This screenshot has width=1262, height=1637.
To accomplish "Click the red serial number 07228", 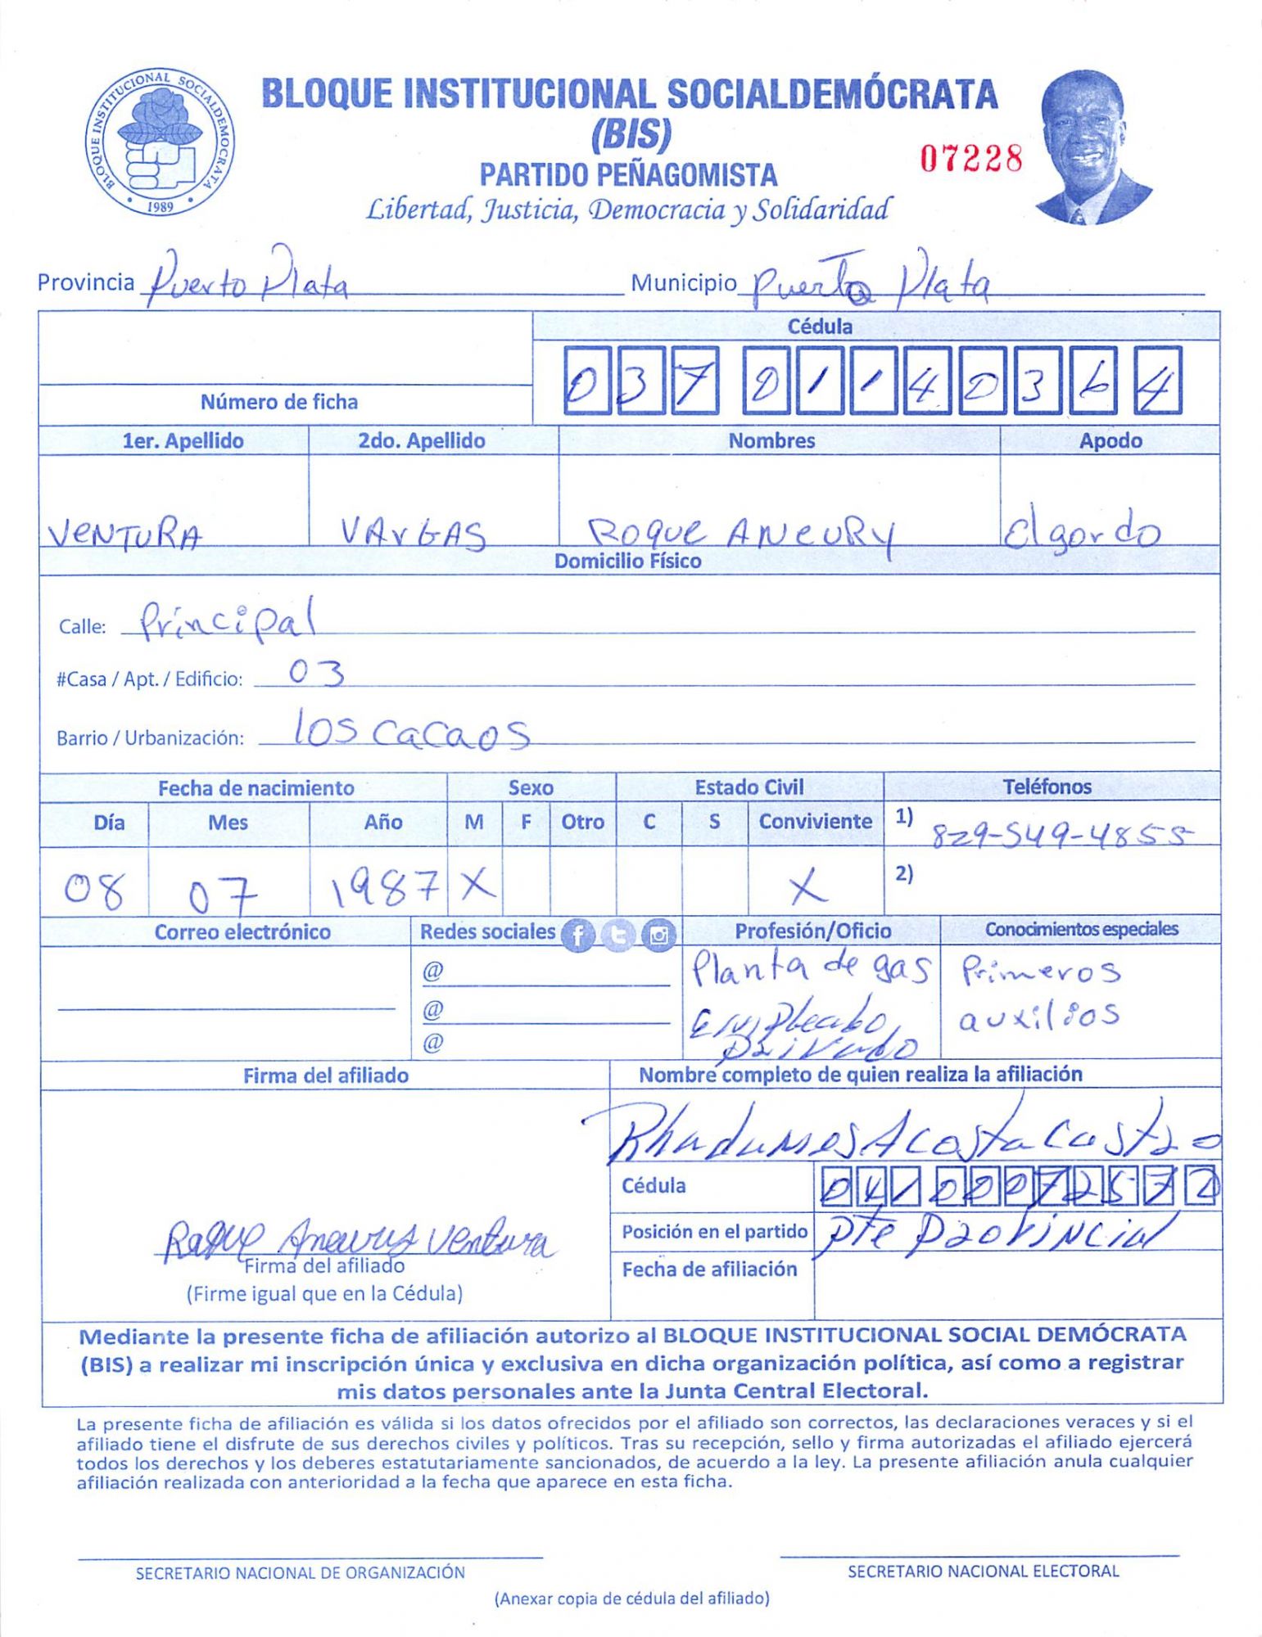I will click(971, 158).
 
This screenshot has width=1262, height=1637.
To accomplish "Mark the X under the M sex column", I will click(477, 885).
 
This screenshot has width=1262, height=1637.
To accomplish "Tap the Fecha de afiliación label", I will click(709, 1269).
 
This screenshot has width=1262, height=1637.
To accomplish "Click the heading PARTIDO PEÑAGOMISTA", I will click(628, 174).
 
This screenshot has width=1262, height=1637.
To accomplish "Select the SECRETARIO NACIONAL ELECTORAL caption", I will click(982, 1571).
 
